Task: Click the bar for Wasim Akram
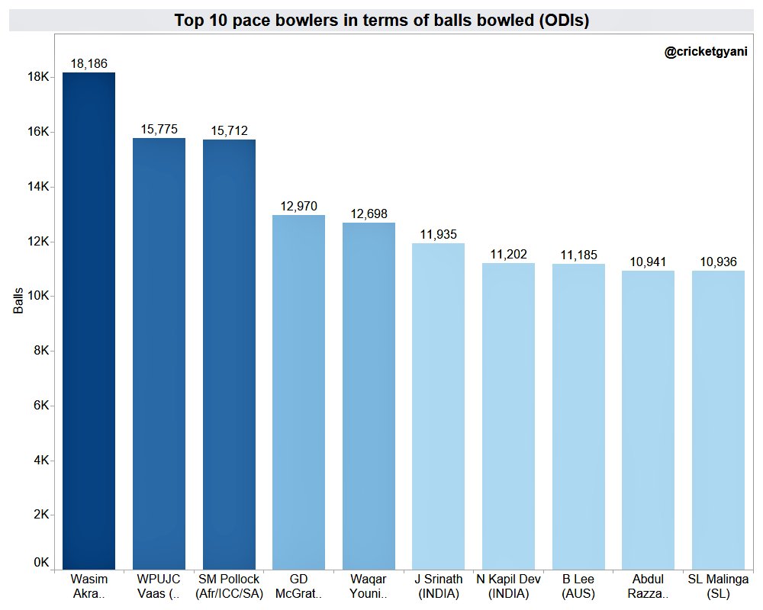coord(89,320)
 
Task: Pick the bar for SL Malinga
coord(718,419)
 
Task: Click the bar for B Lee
coord(578,416)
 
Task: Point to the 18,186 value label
coord(89,64)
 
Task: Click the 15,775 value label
coord(159,130)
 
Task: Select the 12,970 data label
coord(298,207)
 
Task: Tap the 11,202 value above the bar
coord(508,255)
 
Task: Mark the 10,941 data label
coord(648,262)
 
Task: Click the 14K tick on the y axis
coord(39,187)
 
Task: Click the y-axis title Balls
coord(18,300)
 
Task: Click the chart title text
coord(381,21)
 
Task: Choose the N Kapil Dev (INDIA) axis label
coord(508,586)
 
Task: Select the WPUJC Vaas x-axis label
coord(159,586)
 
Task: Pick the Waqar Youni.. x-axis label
coord(369,586)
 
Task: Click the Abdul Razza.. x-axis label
coord(648,586)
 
